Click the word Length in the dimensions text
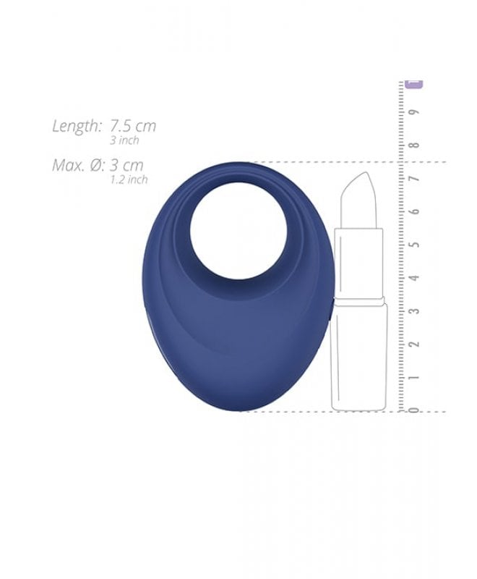click(x=77, y=126)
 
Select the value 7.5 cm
click(x=133, y=126)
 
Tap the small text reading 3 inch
click(x=124, y=140)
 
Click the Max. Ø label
click(x=77, y=165)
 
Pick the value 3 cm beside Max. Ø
click(x=126, y=165)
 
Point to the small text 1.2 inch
click(x=129, y=179)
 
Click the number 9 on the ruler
click(x=415, y=112)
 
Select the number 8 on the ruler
click(x=415, y=145)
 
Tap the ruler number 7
click(x=415, y=178)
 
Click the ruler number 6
click(x=415, y=211)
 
